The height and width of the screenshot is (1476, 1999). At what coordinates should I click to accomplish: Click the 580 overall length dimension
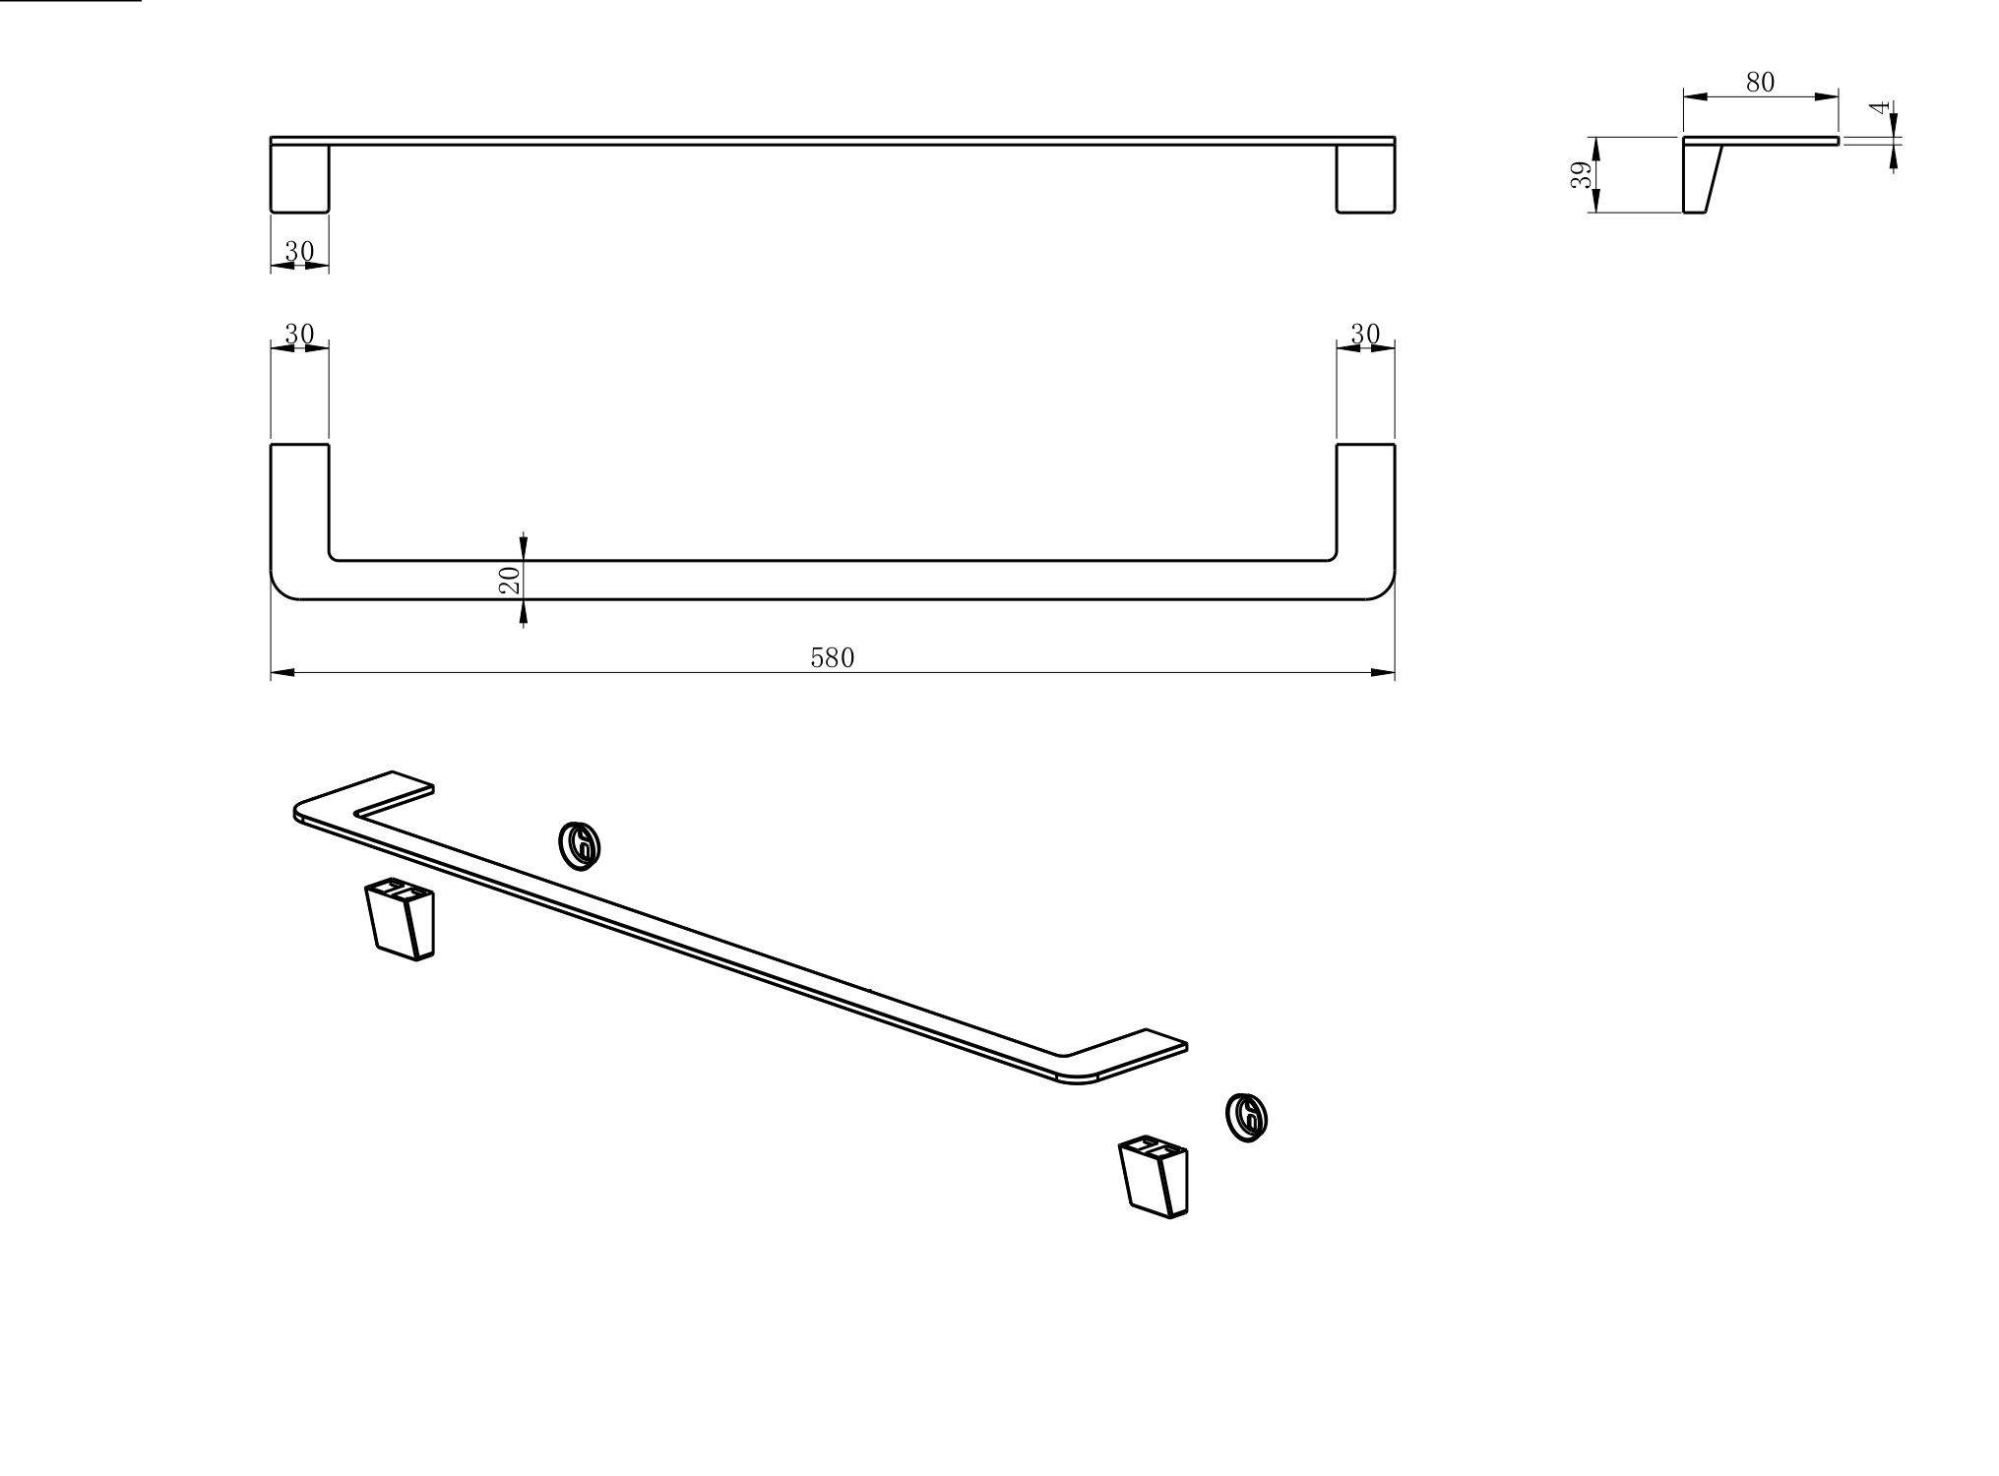tap(832, 658)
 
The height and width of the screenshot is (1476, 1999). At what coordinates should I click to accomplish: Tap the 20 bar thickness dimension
tap(510, 580)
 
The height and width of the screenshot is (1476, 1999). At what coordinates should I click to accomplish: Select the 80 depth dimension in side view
tap(1760, 83)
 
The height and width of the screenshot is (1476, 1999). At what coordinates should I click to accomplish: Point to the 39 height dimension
tap(1581, 175)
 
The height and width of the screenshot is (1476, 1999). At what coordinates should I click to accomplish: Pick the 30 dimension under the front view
tap(299, 252)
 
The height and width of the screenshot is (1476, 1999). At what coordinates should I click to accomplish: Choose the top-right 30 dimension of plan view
tap(1365, 335)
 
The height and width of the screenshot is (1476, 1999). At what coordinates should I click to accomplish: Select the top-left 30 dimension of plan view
tap(299, 335)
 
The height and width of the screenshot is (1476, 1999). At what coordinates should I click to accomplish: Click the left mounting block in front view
tap(299, 179)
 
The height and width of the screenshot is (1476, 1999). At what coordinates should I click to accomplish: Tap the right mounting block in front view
tap(1365, 179)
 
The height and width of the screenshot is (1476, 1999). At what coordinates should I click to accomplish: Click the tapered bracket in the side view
tap(1701, 178)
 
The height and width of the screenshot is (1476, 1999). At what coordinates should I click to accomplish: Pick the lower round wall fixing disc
tap(1247, 1117)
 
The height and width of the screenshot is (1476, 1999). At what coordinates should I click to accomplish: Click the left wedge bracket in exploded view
tap(401, 919)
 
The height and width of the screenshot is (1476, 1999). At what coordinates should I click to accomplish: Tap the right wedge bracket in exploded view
tap(1155, 1179)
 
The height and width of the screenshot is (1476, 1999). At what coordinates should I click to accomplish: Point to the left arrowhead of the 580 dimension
tap(282, 673)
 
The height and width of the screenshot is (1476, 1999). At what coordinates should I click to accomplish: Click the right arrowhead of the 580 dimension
tap(1384, 673)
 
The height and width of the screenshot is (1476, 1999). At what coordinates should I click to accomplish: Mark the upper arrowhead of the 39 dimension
tap(1595, 149)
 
